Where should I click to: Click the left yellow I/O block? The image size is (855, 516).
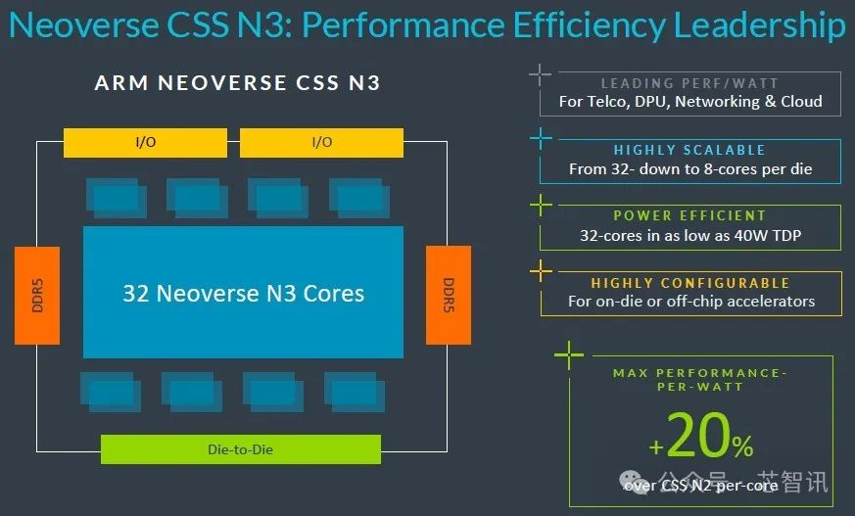(145, 143)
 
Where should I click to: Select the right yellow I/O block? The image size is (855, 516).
(321, 143)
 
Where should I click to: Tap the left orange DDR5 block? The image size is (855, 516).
(37, 296)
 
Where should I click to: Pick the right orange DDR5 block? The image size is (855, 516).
(449, 295)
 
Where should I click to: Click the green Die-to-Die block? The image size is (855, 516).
(241, 449)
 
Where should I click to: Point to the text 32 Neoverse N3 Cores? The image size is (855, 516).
(243, 294)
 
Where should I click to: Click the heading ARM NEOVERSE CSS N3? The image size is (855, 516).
(237, 83)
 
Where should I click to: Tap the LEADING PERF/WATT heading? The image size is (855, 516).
(689, 83)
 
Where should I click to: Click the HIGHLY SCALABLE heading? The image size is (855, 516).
(689, 150)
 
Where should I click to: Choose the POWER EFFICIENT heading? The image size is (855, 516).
(689, 215)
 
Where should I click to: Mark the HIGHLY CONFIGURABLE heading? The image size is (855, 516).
(690, 283)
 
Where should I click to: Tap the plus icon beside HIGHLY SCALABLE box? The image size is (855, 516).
(541, 138)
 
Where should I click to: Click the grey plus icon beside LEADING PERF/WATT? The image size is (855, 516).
(540, 74)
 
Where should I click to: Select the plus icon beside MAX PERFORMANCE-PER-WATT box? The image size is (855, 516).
(569, 355)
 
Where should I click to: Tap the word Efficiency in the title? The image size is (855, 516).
(589, 26)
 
